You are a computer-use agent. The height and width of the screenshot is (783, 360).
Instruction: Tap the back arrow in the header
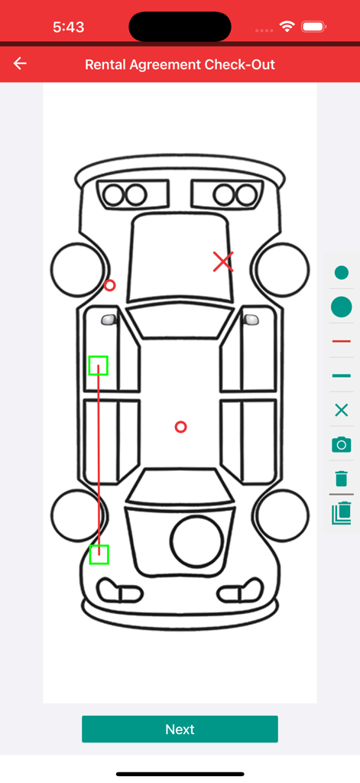click(20, 63)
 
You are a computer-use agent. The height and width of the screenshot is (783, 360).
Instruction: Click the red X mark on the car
click(222, 262)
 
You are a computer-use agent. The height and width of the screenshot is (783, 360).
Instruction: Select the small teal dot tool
click(342, 273)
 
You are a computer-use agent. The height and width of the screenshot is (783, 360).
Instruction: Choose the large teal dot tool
click(342, 307)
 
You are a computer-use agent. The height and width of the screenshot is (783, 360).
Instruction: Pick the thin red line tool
click(342, 341)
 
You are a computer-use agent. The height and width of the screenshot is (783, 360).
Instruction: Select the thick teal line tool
click(342, 375)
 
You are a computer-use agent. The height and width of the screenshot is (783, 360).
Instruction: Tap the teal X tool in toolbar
click(342, 411)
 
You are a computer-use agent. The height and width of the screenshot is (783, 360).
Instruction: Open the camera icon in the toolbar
click(342, 444)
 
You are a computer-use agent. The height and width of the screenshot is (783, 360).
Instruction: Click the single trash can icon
click(342, 479)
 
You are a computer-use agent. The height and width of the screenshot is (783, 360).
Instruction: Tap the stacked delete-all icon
click(342, 512)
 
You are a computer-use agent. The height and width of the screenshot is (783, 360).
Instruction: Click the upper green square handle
click(98, 366)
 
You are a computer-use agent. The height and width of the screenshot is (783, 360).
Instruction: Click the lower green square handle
click(99, 554)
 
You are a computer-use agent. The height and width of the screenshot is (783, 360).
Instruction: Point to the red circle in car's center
click(180, 427)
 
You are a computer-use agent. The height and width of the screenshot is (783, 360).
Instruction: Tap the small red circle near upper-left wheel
click(109, 285)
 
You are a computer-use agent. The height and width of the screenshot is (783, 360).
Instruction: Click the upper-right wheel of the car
click(282, 270)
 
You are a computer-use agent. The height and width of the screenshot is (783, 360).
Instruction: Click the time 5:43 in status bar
click(68, 27)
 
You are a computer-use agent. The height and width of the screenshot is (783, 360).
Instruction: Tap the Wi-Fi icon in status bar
click(287, 27)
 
